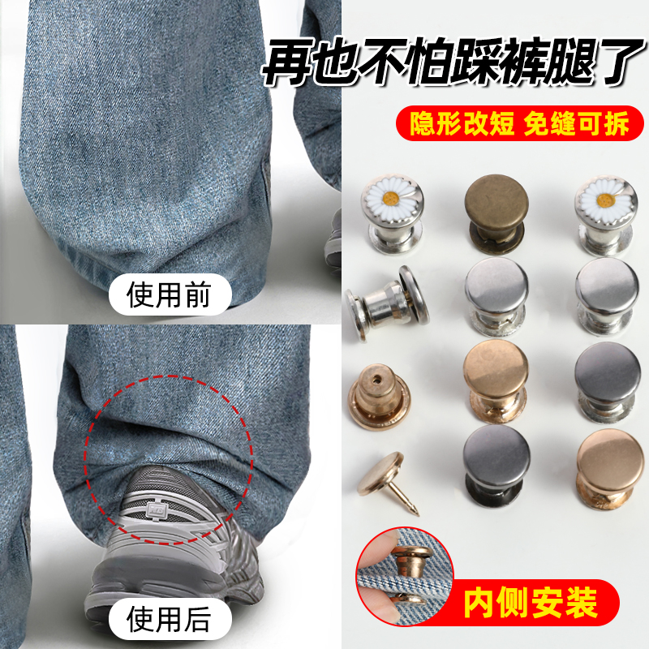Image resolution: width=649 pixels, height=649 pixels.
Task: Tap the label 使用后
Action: point(170,620)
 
